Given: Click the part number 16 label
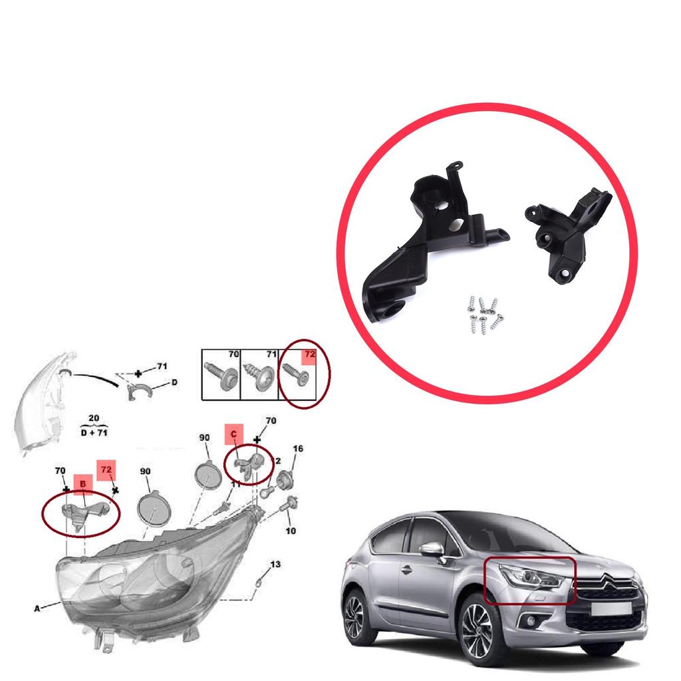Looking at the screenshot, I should [x=298, y=449].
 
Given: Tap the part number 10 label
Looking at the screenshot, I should [x=291, y=531].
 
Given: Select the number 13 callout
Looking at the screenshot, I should [x=275, y=564].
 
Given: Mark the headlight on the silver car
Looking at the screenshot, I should [x=531, y=577].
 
